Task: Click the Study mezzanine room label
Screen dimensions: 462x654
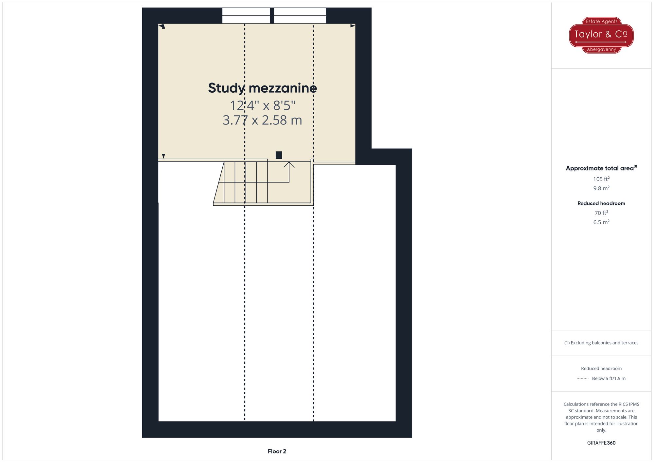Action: tap(262, 88)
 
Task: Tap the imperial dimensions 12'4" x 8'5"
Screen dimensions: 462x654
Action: tap(263, 105)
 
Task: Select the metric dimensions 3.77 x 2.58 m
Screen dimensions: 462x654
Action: tap(262, 120)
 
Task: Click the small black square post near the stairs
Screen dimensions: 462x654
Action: tap(279, 155)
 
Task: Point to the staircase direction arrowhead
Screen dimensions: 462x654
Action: tap(289, 164)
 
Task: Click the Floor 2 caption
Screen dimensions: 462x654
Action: tap(277, 451)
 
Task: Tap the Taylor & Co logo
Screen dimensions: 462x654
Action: tap(601, 35)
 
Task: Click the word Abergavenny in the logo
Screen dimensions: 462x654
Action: tap(601, 50)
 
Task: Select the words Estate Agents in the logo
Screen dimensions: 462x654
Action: tap(602, 22)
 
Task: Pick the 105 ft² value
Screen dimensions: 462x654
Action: tap(601, 179)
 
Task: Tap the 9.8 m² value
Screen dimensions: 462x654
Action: tap(601, 188)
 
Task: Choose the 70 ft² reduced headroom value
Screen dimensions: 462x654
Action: tap(601, 213)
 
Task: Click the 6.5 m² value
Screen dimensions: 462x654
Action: tap(601, 222)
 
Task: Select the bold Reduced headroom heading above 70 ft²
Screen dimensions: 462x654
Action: tap(601, 203)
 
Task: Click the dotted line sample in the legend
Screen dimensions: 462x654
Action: tap(583, 379)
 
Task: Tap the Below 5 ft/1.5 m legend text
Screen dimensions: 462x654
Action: tap(609, 378)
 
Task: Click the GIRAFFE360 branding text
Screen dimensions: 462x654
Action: tap(601, 443)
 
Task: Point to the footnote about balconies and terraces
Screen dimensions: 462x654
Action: tap(601, 343)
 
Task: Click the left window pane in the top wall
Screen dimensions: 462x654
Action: tap(246, 16)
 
